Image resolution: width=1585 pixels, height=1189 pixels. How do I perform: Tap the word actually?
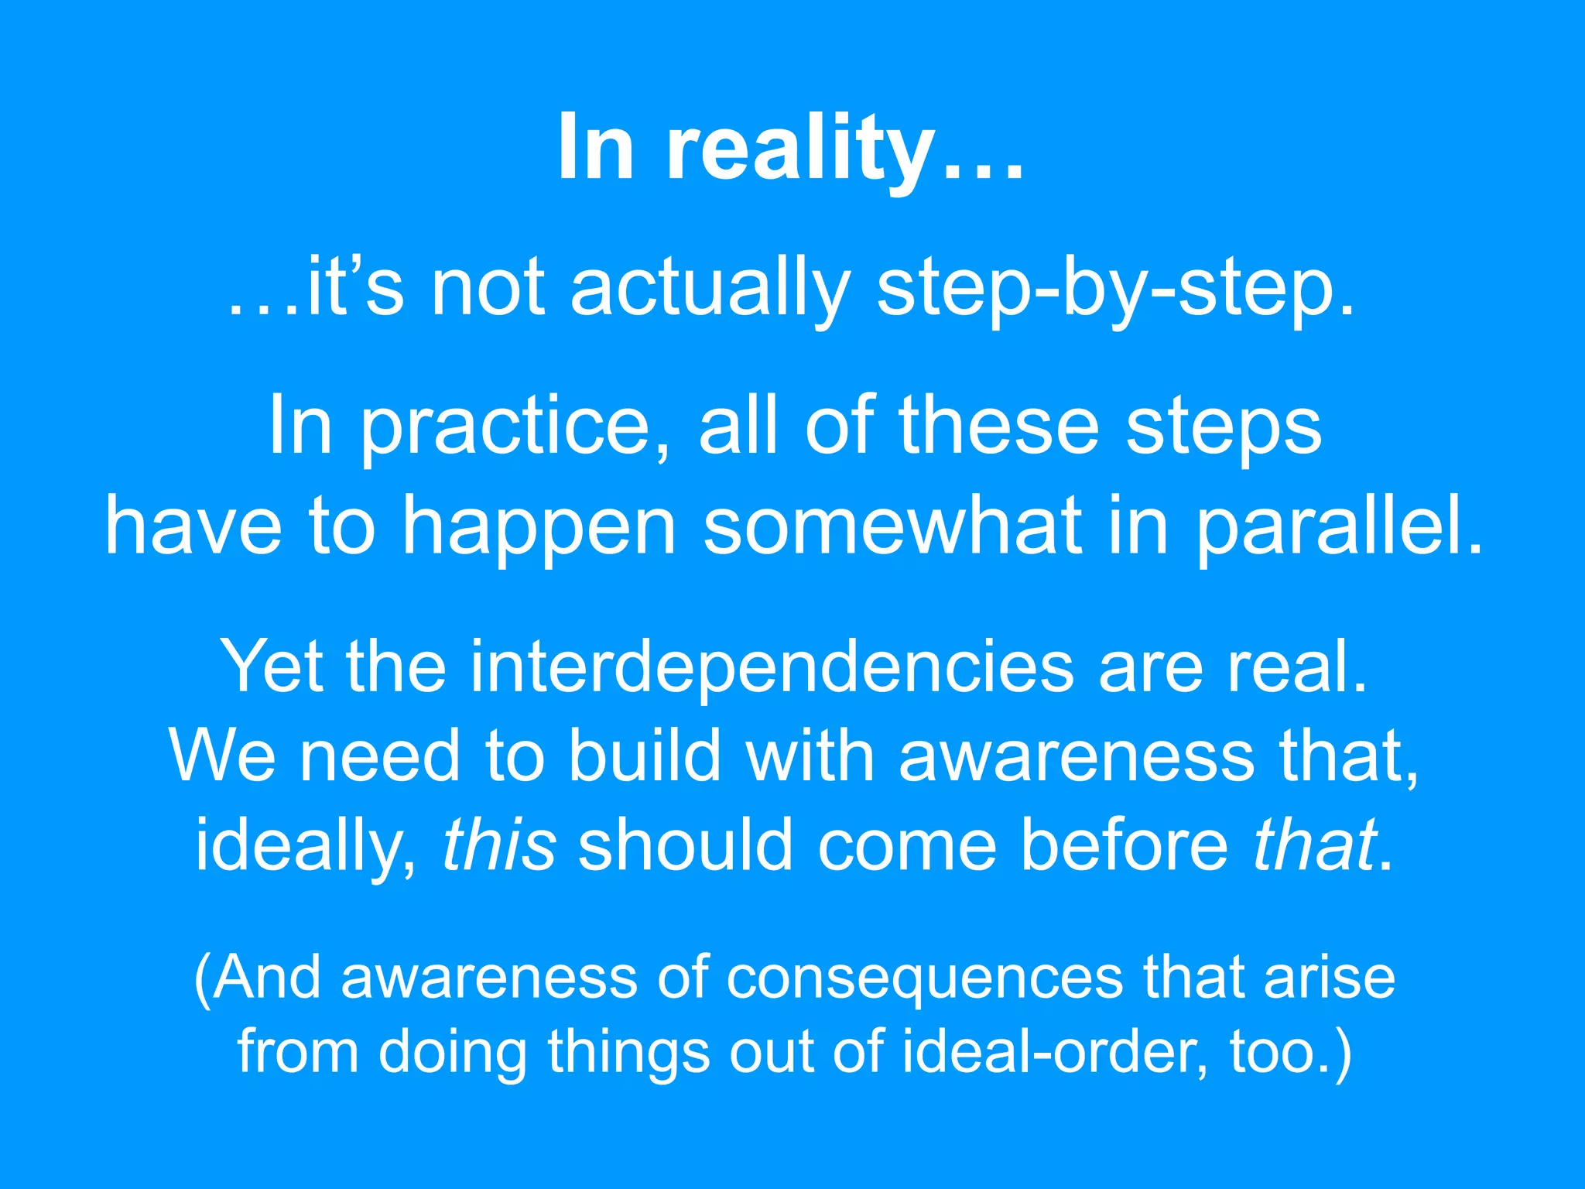[710, 288]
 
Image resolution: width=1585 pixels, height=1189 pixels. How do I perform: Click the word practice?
[507, 427]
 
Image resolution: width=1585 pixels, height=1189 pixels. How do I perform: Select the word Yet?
[271, 666]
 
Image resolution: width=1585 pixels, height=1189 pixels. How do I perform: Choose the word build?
[645, 756]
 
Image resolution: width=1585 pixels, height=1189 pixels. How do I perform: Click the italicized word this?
[499, 844]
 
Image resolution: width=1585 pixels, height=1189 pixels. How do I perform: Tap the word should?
[686, 844]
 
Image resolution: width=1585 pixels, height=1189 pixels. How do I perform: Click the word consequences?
[924, 978]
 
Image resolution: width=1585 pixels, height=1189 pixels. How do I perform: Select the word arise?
[1329, 977]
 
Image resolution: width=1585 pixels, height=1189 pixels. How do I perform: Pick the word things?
[628, 1053]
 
